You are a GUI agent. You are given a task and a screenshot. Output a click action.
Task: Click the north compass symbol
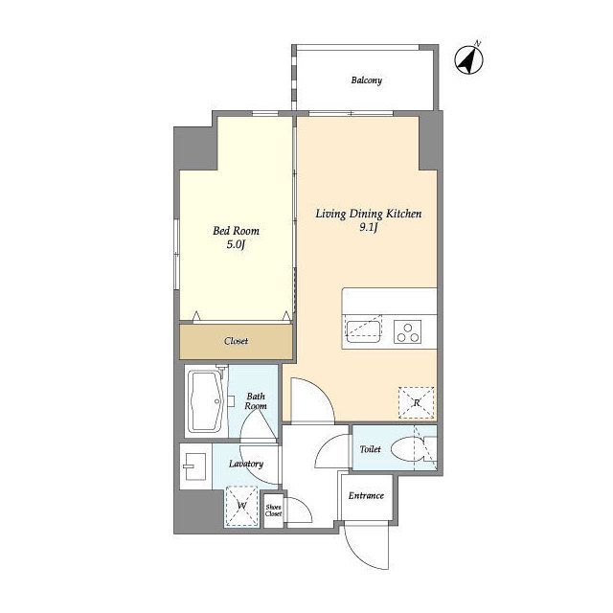point(468,59)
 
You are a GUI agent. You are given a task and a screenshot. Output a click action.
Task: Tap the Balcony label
point(366,80)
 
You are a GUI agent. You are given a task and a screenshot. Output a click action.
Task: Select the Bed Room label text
point(236,231)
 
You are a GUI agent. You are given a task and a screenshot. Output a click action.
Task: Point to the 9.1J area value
point(368,228)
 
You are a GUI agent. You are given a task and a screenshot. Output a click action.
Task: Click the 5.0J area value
point(236,245)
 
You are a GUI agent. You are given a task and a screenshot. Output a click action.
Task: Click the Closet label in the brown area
point(236,341)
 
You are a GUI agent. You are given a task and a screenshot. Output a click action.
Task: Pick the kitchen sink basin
point(363,331)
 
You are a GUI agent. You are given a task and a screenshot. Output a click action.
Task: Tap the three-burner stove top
point(407,332)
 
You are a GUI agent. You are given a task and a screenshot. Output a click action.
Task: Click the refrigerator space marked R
point(417,402)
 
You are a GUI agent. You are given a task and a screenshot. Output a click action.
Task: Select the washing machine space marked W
point(241,506)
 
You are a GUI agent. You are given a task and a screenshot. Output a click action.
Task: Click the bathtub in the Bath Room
point(206,401)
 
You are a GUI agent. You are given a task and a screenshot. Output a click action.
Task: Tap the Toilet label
point(370,449)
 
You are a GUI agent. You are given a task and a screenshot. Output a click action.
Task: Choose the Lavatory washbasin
point(194,466)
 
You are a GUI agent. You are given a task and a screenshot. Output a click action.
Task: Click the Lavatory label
point(246,464)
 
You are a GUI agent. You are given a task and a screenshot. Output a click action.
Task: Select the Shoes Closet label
point(273,511)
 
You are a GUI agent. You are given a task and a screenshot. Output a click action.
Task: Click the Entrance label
point(366,496)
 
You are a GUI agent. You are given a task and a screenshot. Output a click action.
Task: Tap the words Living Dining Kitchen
point(368,214)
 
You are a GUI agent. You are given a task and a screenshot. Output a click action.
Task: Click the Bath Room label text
point(256,401)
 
